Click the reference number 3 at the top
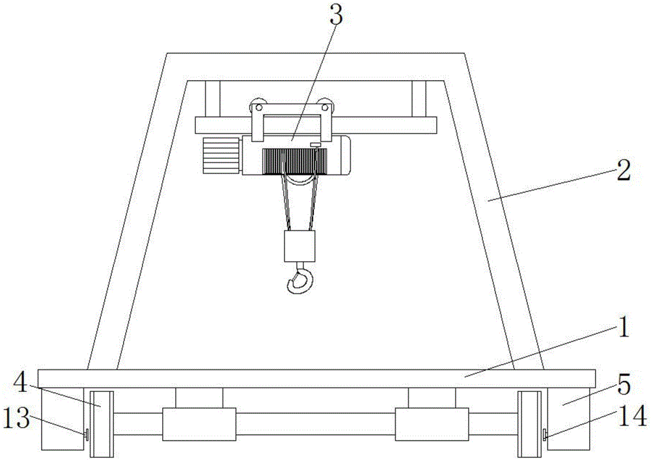[x=336, y=15]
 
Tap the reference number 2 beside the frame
[x=623, y=171]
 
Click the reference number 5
[x=624, y=385]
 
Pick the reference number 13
[x=16, y=417]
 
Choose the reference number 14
[x=633, y=415]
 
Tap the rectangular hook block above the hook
[x=299, y=246]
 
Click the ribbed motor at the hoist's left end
[x=222, y=156]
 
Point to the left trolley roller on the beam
[x=257, y=106]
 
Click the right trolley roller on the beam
[x=326, y=106]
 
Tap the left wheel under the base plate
[x=102, y=424]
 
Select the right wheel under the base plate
[x=529, y=424]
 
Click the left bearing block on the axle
[x=199, y=424]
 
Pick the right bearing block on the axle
[x=432, y=424]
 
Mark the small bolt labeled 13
[x=87, y=435]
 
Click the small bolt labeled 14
[x=544, y=435]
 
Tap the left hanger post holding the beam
[x=213, y=99]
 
